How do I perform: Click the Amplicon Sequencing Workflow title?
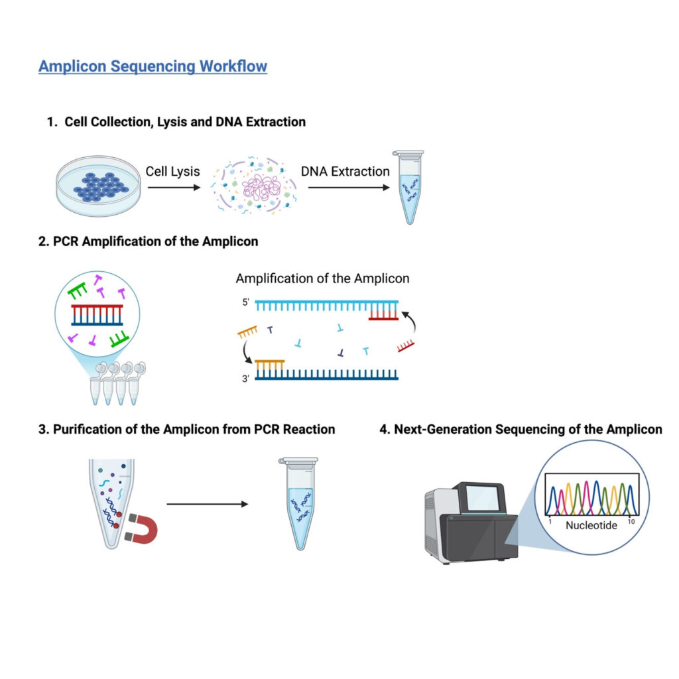pyautogui.click(x=153, y=66)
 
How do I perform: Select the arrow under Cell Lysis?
pyautogui.click(x=172, y=188)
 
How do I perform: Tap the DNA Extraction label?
pyautogui.click(x=345, y=171)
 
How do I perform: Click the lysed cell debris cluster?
pyautogui.click(x=254, y=186)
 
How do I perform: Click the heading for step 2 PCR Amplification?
pyautogui.click(x=149, y=241)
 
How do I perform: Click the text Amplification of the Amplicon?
pyautogui.click(x=322, y=278)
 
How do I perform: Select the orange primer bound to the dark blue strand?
pyautogui.click(x=270, y=364)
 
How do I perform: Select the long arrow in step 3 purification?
pyautogui.click(x=207, y=504)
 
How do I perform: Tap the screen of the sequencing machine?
pyautogui.click(x=482, y=498)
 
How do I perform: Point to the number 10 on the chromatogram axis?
pyautogui.click(x=631, y=522)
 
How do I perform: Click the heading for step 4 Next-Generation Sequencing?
pyautogui.click(x=521, y=429)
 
